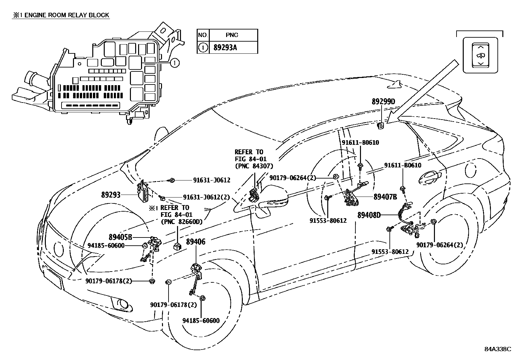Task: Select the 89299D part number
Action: tap(383, 102)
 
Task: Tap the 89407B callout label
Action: tap(385, 197)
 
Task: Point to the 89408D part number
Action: tap(369, 215)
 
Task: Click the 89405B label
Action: tap(120, 237)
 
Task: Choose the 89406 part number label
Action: tap(196, 242)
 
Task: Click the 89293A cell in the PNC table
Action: tap(225, 48)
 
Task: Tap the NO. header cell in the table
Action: tap(203, 35)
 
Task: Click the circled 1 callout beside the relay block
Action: tap(175, 63)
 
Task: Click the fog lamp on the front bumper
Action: tap(122, 304)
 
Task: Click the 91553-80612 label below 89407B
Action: tap(328, 221)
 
